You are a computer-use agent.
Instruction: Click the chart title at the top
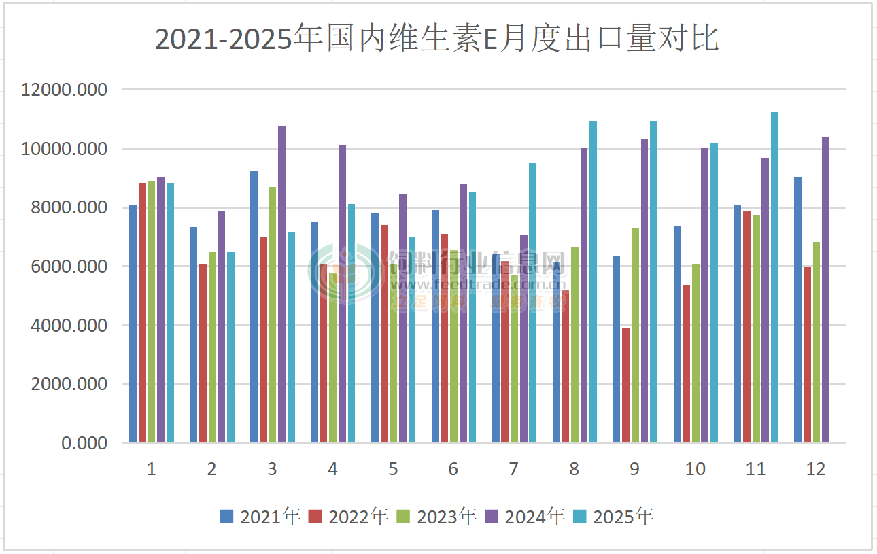(437, 39)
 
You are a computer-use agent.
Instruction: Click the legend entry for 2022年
(349, 517)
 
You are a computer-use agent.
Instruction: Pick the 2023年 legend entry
(437, 517)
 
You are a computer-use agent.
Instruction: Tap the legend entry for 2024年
(526, 517)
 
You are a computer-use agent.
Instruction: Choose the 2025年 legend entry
(614, 517)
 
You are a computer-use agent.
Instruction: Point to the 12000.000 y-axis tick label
(65, 90)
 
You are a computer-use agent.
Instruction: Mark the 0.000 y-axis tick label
(84, 443)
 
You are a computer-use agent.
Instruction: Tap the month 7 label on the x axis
(513, 469)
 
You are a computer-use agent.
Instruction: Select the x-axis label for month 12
(815, 469)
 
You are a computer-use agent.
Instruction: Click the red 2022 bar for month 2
(203, 353)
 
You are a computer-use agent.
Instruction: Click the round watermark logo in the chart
(345, 273)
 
